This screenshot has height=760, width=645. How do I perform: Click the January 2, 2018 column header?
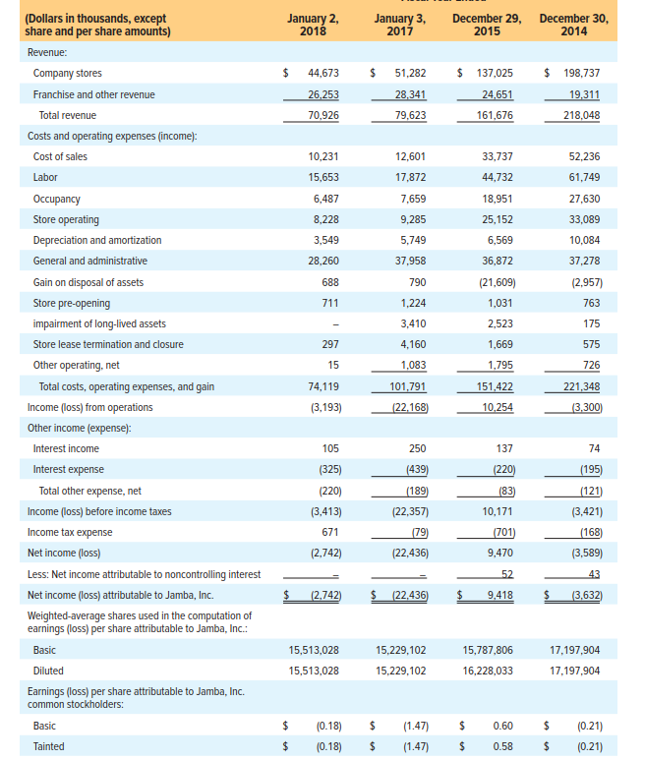pyautogui.click(x=313, y=25)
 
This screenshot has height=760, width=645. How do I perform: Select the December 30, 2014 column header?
pyautogui.click(x=573, y=25)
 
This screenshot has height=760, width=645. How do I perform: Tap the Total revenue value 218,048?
pyautogui.click(x=579, y=115)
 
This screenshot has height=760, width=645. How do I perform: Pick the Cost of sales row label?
pyautogui.click(x=60, y=157)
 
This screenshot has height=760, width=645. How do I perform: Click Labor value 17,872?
pyautogui.click(x=409, y=178)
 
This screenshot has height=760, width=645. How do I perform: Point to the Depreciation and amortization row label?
pyautogui.click(x=97, y=240)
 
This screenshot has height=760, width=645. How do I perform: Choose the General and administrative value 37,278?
pyautogui.click(x=583, y=261)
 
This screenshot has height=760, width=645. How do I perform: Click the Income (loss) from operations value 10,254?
pyautogui.click(x=498, y=407)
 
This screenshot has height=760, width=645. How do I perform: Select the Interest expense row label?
pyautogui.click(x=69, y=470)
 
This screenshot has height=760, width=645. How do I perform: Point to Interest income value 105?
pyautogui.click(x=330, y=448)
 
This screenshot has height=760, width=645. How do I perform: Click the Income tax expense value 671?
pyautogui.click(x=330, y=532)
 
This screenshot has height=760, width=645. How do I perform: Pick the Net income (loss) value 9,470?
pyautogui.click(x=500, y=553)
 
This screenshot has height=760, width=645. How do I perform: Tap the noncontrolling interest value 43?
pyautogui.click(x=593, y=574)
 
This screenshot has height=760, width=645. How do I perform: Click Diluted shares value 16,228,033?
pyautogui.click(x=488, y=671)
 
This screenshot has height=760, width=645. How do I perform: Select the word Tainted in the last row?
pyautogui.click(x=49, y=746)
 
